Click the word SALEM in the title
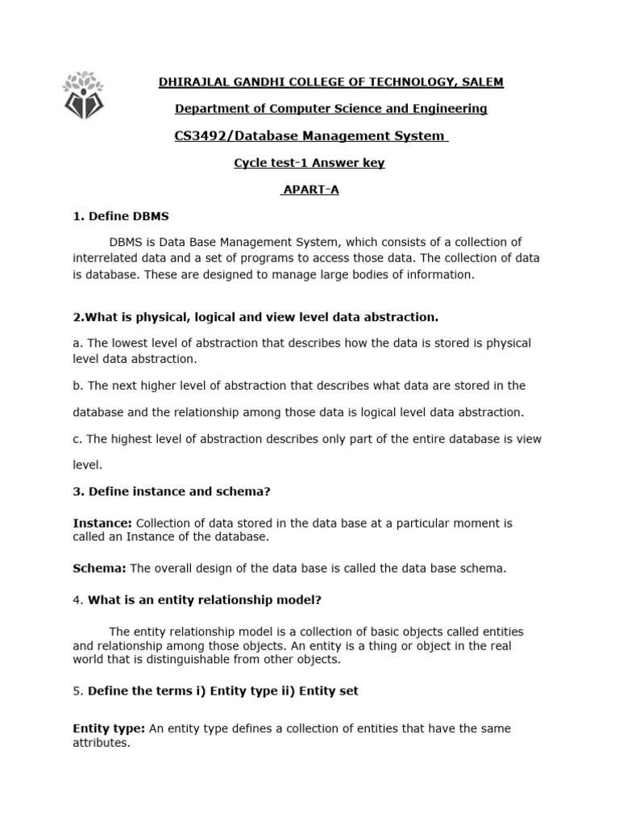(483, 82)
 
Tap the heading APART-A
(309, 190)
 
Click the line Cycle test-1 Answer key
(309, 163)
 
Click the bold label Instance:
(102, 524)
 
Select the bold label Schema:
(99, 569)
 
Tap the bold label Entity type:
(109, 728)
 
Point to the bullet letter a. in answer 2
(77, 343)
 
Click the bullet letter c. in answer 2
(77, 439)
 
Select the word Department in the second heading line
(210, 109)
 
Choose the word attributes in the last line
(101, 743)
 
